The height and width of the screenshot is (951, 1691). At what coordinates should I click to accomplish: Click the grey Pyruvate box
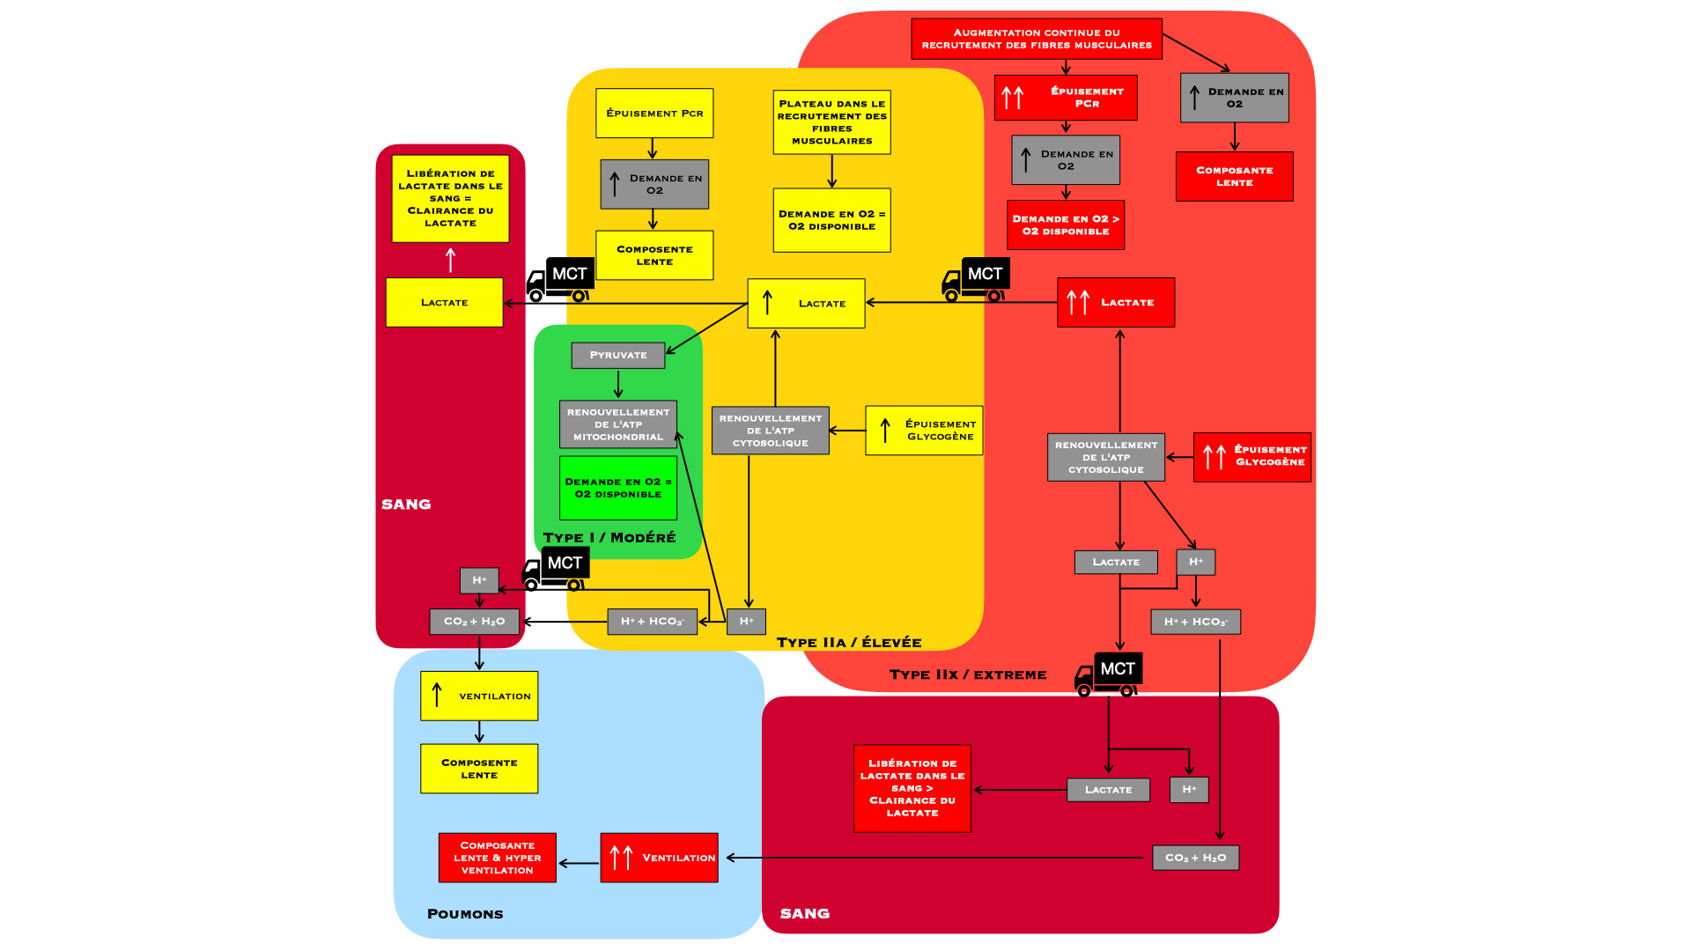pos(617,355)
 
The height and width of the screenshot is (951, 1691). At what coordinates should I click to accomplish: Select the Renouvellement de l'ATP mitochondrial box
pos(617,424)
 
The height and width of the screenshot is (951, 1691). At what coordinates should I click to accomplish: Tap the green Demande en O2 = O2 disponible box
pos(617,488)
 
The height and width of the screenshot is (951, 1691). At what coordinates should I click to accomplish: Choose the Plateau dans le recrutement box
pos(831,122)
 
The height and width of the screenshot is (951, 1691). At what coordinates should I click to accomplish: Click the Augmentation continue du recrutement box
pos(1036,39)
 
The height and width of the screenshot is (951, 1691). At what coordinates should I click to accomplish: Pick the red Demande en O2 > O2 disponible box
pos(1065,225)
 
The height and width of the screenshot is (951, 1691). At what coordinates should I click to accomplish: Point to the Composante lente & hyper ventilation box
pos(497,858)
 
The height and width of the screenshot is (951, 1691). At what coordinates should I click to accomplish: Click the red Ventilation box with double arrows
pos(659,858)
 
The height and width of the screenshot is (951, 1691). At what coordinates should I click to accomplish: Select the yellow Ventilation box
pos(478,696)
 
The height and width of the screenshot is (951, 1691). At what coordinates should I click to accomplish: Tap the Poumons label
pos(464,914)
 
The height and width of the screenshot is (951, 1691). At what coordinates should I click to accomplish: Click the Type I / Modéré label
pos(609,537)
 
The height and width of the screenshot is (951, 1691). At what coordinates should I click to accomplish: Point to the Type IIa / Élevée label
pos(848,643)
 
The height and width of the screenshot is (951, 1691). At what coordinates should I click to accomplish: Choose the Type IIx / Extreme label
pos(967,675)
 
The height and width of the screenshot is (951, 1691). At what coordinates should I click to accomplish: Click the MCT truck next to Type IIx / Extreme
pos(1108,674)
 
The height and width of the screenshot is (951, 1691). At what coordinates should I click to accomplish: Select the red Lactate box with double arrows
pos(1115,302)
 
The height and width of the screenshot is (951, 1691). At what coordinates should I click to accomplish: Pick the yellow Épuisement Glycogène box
pos(923,431)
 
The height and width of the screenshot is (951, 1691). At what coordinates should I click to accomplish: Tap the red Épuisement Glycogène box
pos(1252,456)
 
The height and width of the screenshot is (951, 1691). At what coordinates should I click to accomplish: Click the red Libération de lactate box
pos(912,788)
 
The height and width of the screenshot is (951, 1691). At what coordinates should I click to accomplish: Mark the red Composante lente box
pos(1234,176)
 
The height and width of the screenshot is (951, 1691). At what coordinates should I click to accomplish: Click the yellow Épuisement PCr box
pos(654,113)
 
